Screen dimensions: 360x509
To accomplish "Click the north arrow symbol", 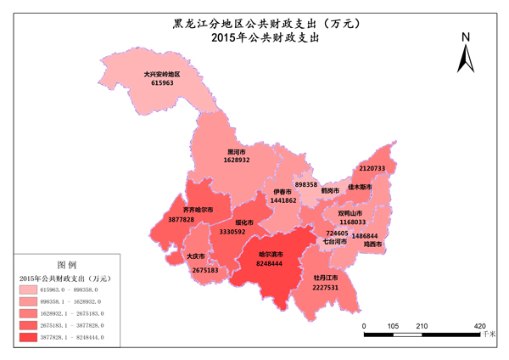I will pyautogui.click(x=465, y=60).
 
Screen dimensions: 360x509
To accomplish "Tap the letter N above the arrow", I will pyautogui.click(x=465, y=37).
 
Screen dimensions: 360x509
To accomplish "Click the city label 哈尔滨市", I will pyautogui.click(x=271, y=254).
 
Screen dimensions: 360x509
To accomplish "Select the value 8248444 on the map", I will pyautogui.click(x=270, y=264).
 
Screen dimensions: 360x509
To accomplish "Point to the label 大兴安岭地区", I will pyautogui.click(x=162, y=74).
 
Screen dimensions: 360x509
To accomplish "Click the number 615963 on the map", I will pyautogui.click(x=162, y=83).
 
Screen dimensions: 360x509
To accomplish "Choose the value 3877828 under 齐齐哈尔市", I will pyautogui.click(x=182, y=219).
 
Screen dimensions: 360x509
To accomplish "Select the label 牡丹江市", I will pyautogui.click(x=326, y=278).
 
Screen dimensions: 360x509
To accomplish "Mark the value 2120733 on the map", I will pyautogui.click(x=372, y=168).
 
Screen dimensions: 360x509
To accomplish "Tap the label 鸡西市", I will pyautogui.click(x=373, y=245).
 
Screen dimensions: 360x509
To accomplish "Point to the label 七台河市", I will pyautogui.click(x=334, y=241).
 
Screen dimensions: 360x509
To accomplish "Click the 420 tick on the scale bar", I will pyautogui.click(x=479, y=325).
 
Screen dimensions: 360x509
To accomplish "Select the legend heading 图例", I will pyautogui.click(x=66, y=264).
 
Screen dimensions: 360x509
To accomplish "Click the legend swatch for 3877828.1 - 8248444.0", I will pyautogui.click(x=33, y=337).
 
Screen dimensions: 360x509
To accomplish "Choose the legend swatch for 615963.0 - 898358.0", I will pyautogui.click(x=33, y=290).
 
